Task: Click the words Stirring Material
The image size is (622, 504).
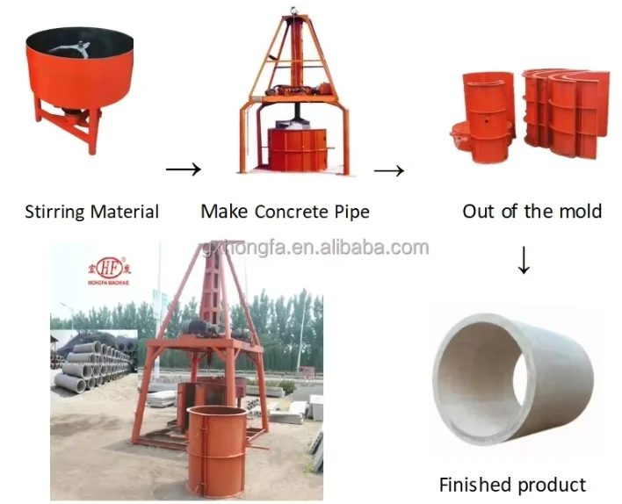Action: [91, 212]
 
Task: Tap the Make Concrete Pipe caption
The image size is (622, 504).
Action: [285, 212]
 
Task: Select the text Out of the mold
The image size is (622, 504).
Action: [532, 212]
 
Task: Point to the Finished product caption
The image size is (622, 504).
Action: [512, 484]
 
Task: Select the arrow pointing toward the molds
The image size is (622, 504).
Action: [388, 169]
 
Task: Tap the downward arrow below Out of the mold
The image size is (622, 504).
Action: [524, 260]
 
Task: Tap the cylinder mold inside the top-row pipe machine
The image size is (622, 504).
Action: [296, 149]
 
